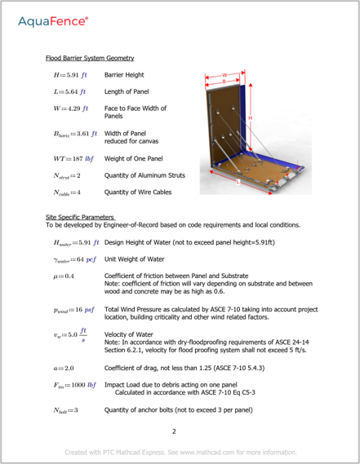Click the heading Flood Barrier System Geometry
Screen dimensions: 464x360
[x=90, y=59]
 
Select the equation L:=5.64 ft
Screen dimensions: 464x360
[x=70, y=92]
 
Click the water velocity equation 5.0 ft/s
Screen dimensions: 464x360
[x=71, y=335]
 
